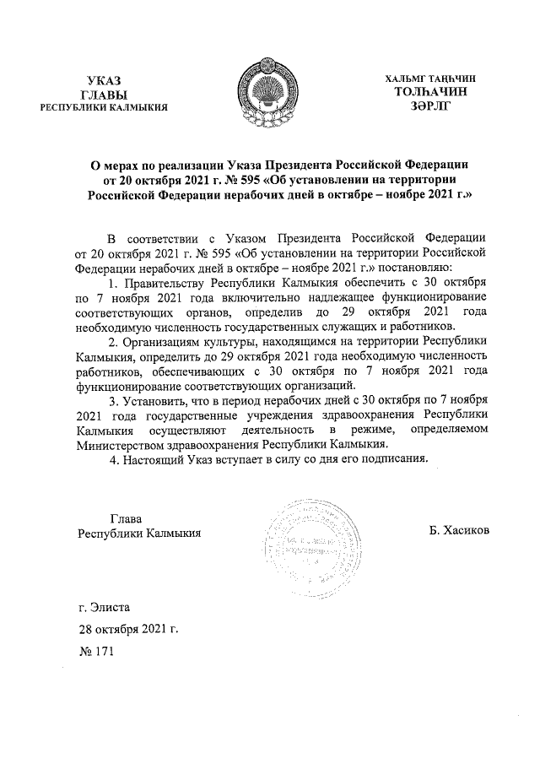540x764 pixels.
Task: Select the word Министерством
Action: tap(124, 444)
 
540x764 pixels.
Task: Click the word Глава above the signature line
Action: tap(126, 517)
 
